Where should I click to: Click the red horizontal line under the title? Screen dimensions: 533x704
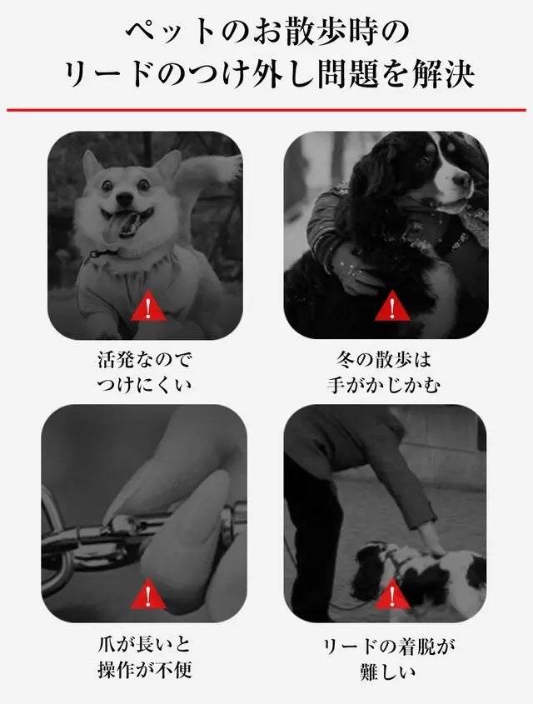point(266,109)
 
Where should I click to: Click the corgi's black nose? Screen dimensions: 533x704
point(125,197)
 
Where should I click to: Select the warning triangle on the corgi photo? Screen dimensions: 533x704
point(148,306)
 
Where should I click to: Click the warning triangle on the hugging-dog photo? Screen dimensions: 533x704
point(392,306)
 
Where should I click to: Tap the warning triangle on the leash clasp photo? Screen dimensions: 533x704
point(148,594)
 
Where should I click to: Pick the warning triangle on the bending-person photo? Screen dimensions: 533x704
point(392,594)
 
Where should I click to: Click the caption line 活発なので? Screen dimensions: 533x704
point(144,359)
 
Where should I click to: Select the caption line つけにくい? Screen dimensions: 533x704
point(144,385)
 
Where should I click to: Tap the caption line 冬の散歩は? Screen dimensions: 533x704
point(384,359)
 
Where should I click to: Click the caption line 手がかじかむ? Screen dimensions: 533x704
point(384,385)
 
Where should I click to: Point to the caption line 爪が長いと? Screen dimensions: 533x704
point(144,644)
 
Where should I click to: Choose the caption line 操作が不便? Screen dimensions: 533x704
point(144,670)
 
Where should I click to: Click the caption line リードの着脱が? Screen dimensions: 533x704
point(389,647)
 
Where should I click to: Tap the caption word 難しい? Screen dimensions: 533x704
point(389,672)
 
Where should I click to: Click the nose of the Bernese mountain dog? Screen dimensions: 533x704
point(462,181)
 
